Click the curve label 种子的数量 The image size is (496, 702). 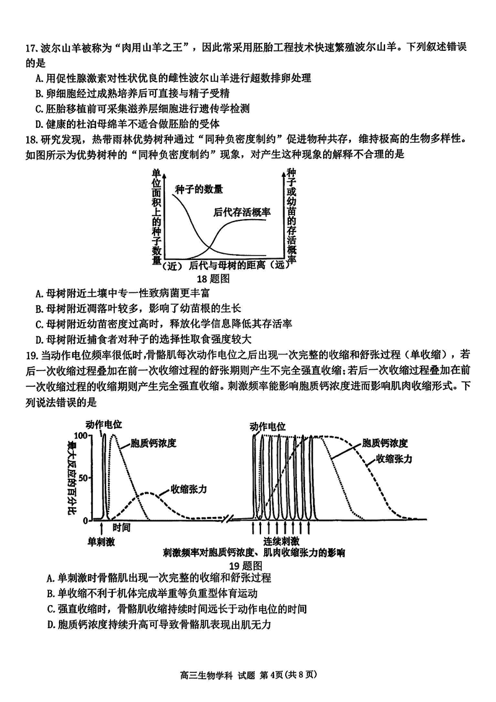[x=198, y=189]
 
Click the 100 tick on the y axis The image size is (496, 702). [x=84, y=436]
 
